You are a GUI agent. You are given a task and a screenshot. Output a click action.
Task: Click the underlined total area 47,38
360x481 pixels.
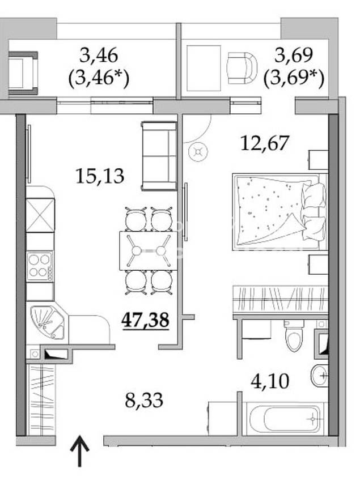tap(145, 321)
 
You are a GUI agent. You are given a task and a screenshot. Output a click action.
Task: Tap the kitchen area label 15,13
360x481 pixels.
tap(100, 176)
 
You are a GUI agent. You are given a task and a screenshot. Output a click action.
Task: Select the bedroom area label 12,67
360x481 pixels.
tap(265, 143)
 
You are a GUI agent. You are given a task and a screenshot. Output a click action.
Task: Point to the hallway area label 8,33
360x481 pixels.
tap(144, 401)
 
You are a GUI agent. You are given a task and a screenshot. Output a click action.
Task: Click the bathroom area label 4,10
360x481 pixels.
tap(270, 382)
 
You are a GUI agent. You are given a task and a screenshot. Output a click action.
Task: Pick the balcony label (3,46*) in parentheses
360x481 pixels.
tap(99, 79)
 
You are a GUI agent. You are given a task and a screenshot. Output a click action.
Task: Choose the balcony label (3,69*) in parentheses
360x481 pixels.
tap(294, 79)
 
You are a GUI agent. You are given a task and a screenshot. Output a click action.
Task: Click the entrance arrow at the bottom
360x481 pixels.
tap(80, 451)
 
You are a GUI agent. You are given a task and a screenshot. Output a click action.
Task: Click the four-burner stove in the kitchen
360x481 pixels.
tap(40, 266)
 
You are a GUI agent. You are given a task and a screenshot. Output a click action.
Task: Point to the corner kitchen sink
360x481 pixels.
tap(46, 323)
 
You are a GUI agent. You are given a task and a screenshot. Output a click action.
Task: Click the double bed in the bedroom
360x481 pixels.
tap(280, 212)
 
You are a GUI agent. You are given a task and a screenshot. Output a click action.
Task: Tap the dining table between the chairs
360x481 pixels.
tap(149, 250)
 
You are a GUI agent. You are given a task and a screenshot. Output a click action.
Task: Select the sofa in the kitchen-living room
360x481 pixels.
tap(159, 156)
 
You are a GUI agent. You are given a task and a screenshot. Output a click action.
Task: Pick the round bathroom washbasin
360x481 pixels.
tap(320, 375)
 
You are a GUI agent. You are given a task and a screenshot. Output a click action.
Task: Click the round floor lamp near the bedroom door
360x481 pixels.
tap(198, 152)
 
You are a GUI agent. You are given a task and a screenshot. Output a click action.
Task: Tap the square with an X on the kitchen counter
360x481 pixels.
tap(40, 215)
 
